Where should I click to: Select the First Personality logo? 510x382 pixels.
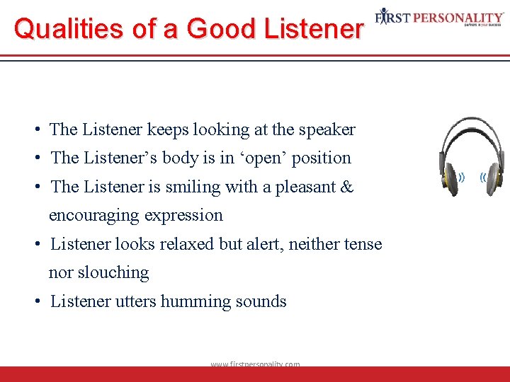[x=439, y=17]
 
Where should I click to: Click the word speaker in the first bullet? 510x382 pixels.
[x=327, y=129]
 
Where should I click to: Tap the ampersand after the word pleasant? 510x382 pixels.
[x=347, y=187]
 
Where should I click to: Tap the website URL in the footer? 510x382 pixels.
[x=255, y=364]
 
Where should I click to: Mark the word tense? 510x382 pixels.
[x=362, y=244]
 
